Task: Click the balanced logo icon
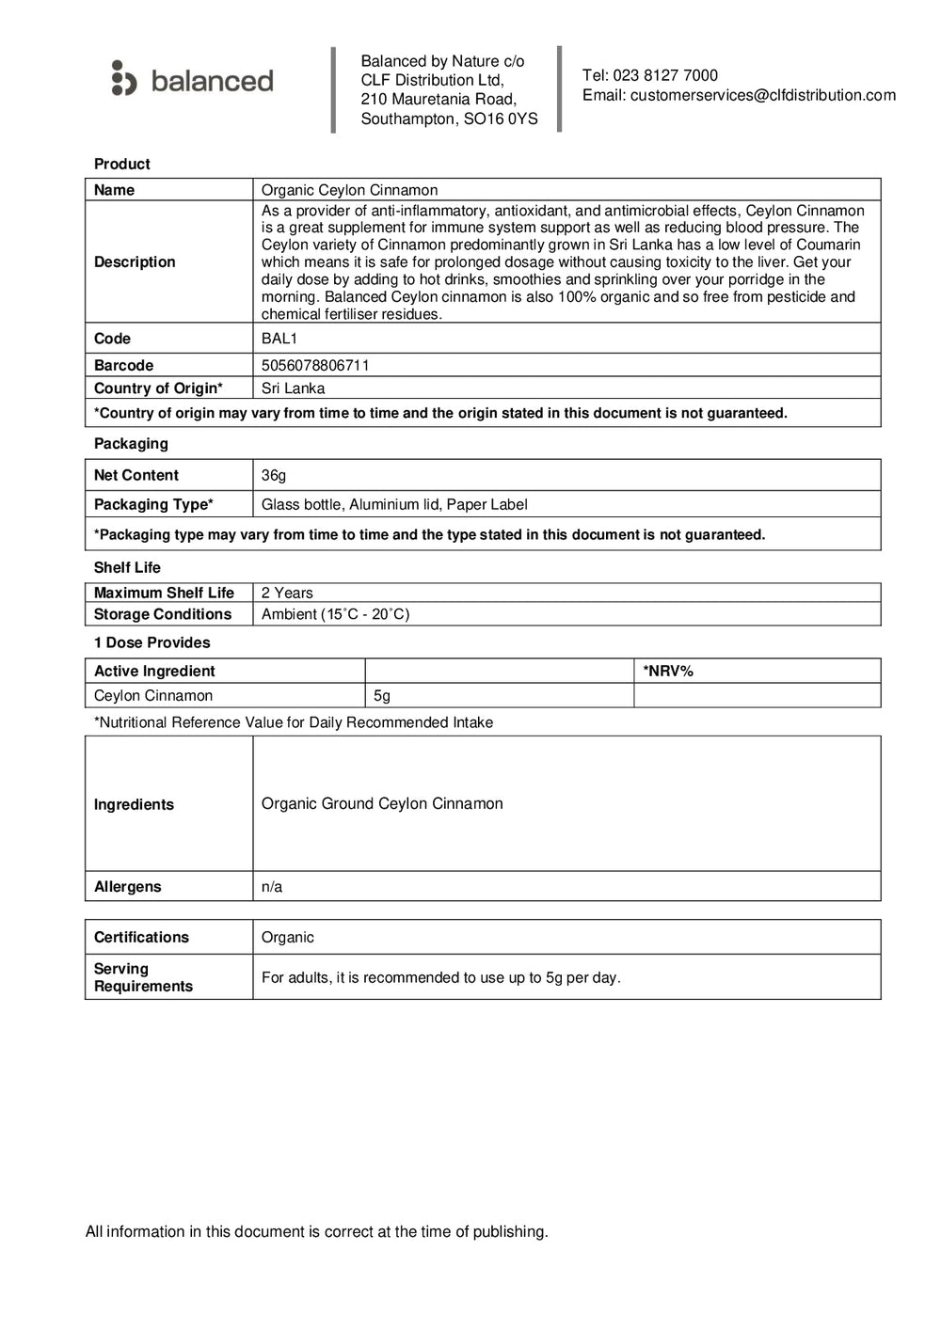point(123,79)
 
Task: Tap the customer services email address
point(762,95)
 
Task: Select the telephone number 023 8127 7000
point(664,75)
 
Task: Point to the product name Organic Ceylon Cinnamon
point(349,190)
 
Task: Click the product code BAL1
point(279,339)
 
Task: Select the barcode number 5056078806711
point(315,365)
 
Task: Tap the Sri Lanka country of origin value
point(293,388)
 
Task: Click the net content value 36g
point(274,476)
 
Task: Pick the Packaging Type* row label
point(153,505)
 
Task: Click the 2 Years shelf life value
point(287,593)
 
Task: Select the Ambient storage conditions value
point(335,614)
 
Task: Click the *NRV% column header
point(668,671)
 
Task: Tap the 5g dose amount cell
point(382,696)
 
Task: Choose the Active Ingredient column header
point(154,671)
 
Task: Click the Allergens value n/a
point(272,887)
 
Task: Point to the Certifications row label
point(141,937)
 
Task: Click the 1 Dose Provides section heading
point(152,642)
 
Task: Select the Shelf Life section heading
point(127,567)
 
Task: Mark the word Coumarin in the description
point(829,245)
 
